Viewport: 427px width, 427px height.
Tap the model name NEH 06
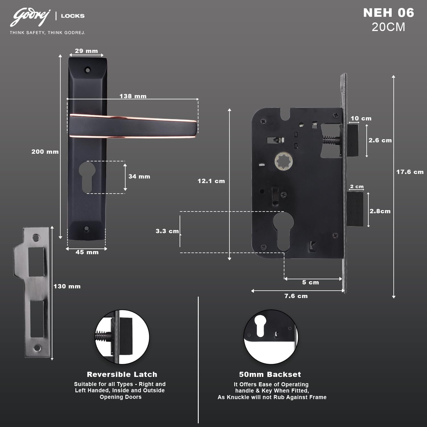[x=389, y=13]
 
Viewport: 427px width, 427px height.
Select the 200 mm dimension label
[x=45, y=152]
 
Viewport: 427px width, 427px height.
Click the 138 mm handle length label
[x=133, y=96]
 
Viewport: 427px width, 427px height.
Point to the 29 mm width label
[x=86, y=51]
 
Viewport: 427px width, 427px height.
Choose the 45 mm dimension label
[x=87, y=252]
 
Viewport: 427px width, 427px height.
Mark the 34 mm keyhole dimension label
[x=139, y=176]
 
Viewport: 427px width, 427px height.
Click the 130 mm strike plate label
[x=67, y=286]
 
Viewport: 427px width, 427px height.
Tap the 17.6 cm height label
[x=410, y=172]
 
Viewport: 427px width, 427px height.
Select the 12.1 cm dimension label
[x=211, y=181]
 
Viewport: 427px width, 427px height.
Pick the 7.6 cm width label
[x=296, y=296]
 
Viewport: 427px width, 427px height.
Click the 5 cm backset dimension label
[x=311, y=282]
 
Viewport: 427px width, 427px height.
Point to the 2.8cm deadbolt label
[x=380, y=211]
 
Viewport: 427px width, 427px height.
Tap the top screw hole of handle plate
[x=87, y=69]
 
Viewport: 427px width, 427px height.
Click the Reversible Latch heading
[x=122, y=374]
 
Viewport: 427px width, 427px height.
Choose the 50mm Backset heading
[x=270, y=374]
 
